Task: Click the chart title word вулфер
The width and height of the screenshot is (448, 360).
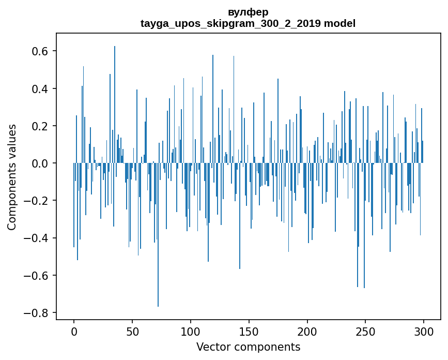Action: click(x=248, y=12)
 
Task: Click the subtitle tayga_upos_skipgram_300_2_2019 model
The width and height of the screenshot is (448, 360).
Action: click(x=248, y=23)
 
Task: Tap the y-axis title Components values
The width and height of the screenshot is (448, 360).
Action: click(x=12, y=177)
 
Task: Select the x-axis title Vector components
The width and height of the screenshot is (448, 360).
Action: click(x=248, y=347)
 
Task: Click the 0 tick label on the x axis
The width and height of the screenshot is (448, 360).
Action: click(x=74, y=331)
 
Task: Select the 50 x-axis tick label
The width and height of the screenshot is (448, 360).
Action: click(x=132, y=331)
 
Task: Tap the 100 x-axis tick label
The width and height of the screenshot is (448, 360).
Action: click(x=191, y=331)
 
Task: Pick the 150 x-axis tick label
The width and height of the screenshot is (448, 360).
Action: click(x=249, y=331)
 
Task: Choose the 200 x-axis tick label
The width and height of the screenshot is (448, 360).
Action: click(x=307, y=331)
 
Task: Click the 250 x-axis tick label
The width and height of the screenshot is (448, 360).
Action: click(x=366, y=331)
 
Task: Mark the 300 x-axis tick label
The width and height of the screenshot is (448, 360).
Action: click(x=424, y=331)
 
